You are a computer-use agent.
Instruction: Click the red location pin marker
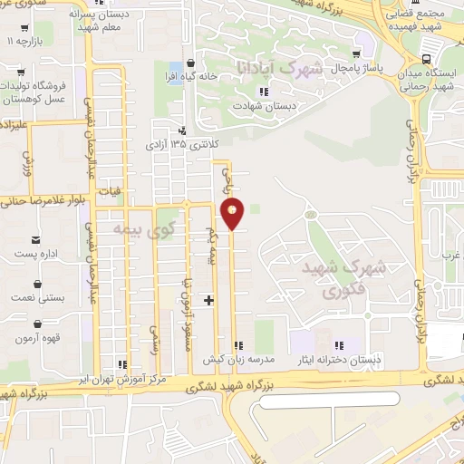point(234,214)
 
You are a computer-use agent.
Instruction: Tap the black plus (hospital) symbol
point(209,299)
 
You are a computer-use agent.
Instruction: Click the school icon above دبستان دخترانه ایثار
point(340,345)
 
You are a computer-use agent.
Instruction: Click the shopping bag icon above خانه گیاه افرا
point(189,63)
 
